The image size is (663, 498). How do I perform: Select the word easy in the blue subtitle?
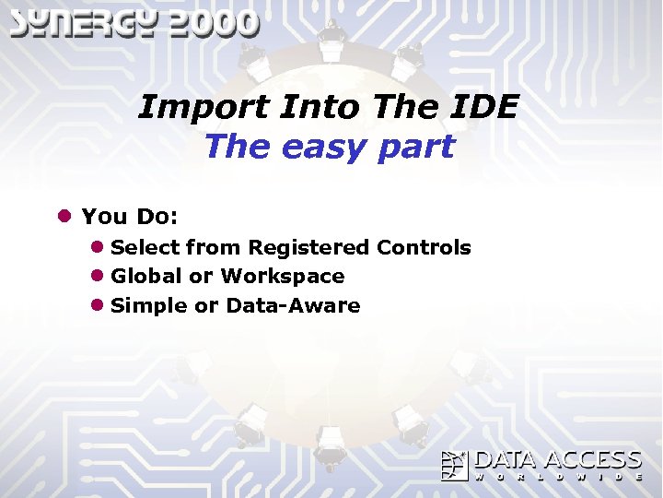pos(315,146)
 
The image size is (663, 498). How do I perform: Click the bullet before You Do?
pos(64,217)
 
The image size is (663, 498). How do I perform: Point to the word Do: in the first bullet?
pos(157,217)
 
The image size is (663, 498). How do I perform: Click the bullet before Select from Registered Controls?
pos(97,247)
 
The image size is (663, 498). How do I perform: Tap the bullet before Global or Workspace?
pos(97,276)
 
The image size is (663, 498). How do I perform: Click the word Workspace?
pos(283,276)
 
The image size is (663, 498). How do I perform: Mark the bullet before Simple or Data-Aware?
pos(97,305)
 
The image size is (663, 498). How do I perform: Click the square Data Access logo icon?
pos(454,466)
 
